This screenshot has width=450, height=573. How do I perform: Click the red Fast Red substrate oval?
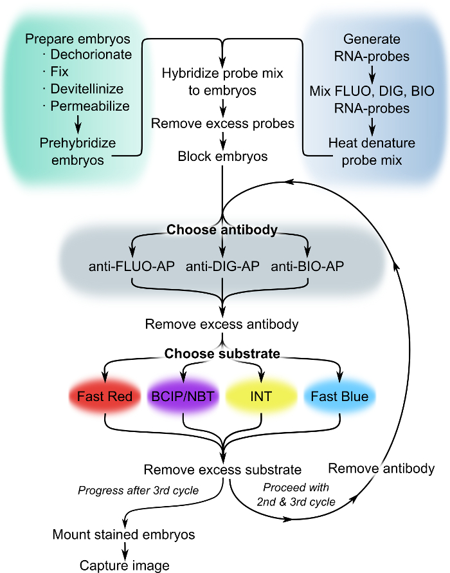point(105,397)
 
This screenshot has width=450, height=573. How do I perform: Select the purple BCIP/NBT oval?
point(184,397)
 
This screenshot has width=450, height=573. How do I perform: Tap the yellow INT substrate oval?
point(260,397)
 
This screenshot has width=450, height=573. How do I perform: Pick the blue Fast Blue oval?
point(339,397)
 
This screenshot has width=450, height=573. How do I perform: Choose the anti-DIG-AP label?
point(222,266)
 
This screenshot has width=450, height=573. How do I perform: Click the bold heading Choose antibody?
point(222,229)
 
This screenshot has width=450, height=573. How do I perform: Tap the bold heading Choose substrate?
point(222,353)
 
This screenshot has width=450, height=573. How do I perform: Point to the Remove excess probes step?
point(222,122)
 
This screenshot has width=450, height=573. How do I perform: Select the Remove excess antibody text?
point(222,324)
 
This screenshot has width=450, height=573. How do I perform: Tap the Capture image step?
point(124,565)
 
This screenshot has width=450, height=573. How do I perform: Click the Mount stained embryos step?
point(124,534)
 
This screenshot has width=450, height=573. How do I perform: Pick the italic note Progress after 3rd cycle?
point(138,491)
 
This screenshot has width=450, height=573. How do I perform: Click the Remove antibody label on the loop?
point(381,469)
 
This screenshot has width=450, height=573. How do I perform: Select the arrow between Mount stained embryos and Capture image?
point(124,550)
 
